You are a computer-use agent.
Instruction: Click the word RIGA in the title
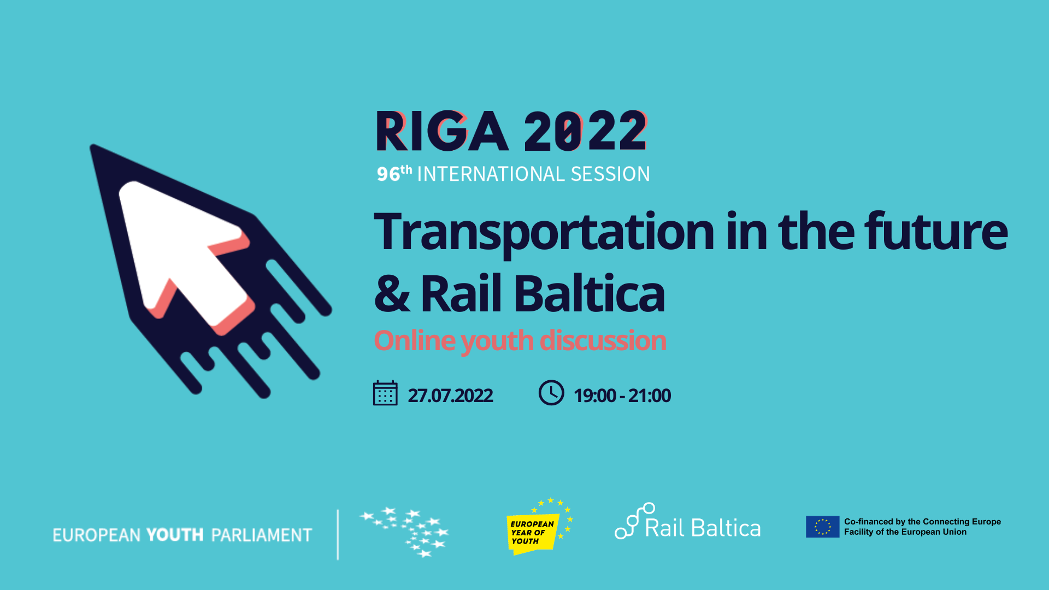click(442, 131)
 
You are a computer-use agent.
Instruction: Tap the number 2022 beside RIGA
click(586, 131)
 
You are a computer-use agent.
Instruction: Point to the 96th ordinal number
click(394, 173)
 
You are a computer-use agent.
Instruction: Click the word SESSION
click(610, 174)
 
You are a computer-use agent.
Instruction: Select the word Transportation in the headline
click(544, 232)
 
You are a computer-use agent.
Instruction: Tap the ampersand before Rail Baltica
click(392, 293)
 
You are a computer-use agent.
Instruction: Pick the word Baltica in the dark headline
click(590, 293)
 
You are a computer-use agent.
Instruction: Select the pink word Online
click(415, 341)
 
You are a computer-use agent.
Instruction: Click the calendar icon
click(385, 393)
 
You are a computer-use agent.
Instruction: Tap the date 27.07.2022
click(450, 396)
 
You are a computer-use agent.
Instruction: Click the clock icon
click(551, 393)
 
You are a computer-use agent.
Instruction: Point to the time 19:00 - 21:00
click(622, 396)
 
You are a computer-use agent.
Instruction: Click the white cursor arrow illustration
click(186, 254)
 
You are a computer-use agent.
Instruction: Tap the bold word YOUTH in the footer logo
click(175, 535)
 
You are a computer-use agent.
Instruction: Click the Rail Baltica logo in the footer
click(688, 522)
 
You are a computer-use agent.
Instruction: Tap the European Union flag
click(822, 527)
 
